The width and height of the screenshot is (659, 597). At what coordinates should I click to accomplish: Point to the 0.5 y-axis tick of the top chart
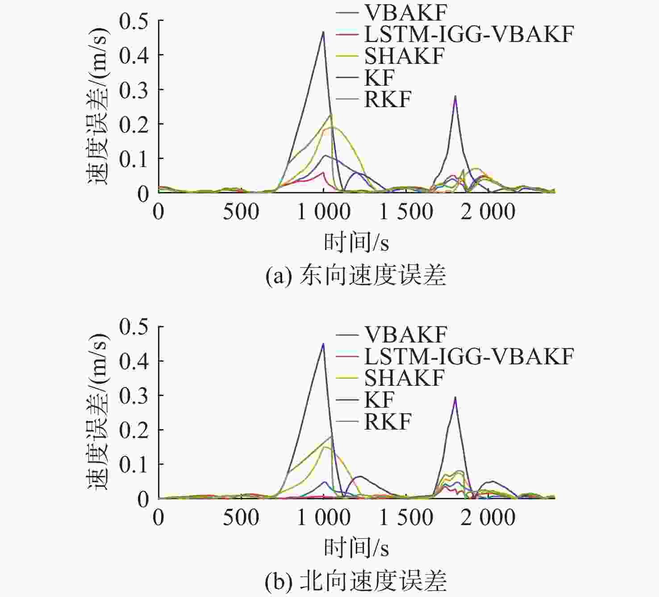pos(134,21)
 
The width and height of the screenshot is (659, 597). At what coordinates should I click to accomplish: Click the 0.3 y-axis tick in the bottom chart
pos(134,396)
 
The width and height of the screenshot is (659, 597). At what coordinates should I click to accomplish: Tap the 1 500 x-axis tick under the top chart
pos(406,212)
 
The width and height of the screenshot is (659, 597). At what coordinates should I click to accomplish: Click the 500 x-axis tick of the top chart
pos(241,212)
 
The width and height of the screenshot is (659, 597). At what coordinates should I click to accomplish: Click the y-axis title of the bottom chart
pos(97,412)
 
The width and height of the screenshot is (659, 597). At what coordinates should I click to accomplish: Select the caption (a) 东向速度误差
pos(356,275)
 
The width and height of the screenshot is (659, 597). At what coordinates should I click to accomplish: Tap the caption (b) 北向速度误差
pos(356,581)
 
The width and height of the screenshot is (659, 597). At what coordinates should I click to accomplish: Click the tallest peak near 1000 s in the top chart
pos(323,32)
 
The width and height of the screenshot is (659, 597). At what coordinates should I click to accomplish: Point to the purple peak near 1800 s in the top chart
pos(455,96)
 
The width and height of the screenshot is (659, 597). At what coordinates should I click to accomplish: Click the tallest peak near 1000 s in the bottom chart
pos(323,344)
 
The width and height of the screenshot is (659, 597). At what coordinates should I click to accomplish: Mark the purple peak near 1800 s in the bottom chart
pos(455,397)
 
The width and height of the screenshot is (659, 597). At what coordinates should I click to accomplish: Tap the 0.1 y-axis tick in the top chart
pos(134,159)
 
